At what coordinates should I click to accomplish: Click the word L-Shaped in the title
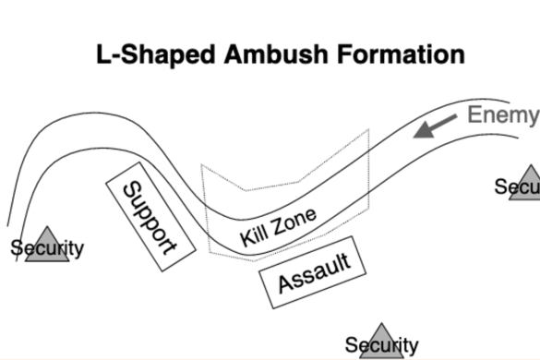coord(149,54)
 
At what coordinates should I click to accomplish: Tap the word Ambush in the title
coord(269,54)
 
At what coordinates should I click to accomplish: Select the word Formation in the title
coord(400,54)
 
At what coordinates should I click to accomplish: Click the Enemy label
coord(502,115)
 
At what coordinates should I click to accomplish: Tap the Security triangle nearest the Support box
coord(47,245)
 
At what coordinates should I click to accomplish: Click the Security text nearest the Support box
coord(47,248)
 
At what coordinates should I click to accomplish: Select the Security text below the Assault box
coord(381,346)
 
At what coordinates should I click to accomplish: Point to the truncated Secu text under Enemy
coord(517,187)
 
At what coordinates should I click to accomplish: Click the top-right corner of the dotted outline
coord(368,131)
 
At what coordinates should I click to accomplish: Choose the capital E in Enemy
coord(474,115)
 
